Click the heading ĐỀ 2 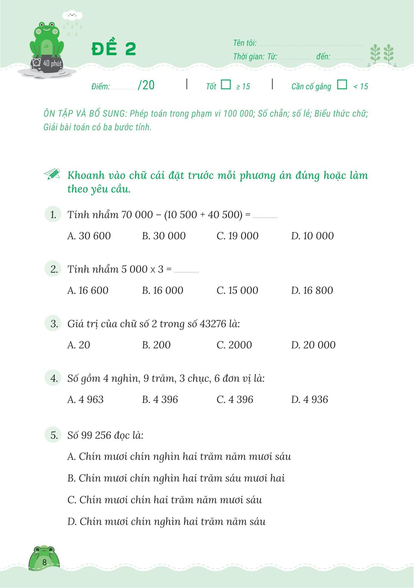[114, 49]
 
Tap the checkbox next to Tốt [226, 84]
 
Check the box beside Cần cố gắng [342, 84]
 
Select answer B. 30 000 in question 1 [164, 236]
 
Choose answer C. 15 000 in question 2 [237, 290]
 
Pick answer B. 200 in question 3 [156, 345]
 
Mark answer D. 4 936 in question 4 [310, 400]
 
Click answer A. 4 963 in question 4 [85, 400]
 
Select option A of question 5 [179, 456]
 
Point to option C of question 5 [165, 500]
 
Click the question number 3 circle [53, 324]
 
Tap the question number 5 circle [53, 435]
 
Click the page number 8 [45, 562]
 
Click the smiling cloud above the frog [72, 15]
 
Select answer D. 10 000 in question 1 [312, 236]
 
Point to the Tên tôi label [245, 43]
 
